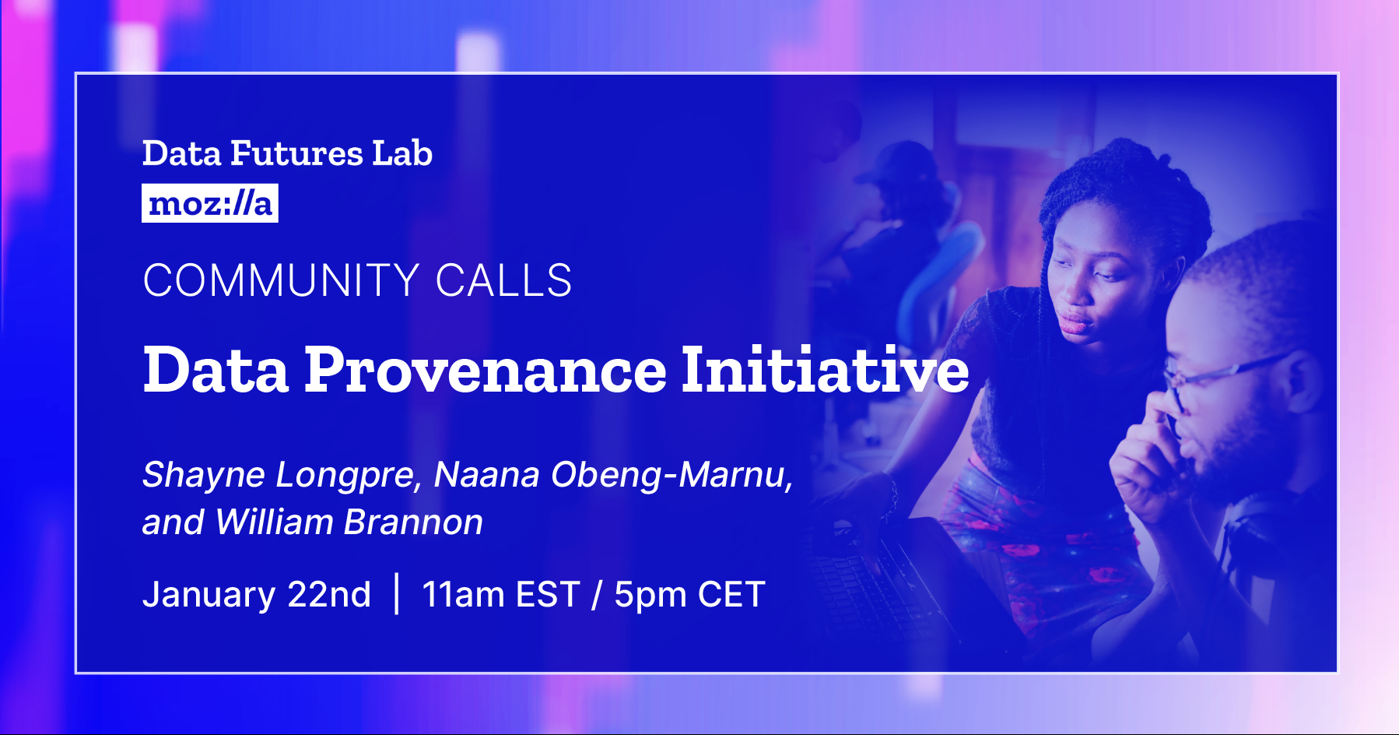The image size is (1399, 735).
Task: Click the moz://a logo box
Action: [x=209, y=203]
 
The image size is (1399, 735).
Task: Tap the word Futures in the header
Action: [x=296, y=153]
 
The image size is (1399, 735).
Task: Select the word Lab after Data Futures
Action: [x=401, y=153]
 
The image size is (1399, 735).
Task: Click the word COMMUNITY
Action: [x=282, y=280]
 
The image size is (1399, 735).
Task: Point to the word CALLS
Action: [x=503, y=280]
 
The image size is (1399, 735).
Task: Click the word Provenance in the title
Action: [x=485, y=371]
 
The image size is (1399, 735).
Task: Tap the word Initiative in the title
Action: [x=825, y=371]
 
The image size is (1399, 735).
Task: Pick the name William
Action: [x=275, y=522]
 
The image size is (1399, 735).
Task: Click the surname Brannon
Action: [x=413, y=522]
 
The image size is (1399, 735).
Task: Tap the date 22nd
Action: [x=329, y=595]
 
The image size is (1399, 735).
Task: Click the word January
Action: [x=209, y=595]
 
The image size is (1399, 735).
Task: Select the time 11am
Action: [x=463, y=595]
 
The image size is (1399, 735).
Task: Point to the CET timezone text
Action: [x=731, y=595]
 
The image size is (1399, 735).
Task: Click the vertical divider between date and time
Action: [x=397, y=593]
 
